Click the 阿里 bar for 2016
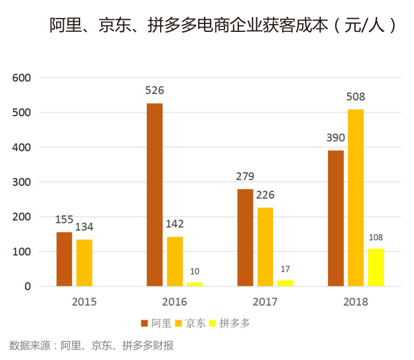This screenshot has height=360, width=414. [155, 194]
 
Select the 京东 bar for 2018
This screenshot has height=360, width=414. [355, 197]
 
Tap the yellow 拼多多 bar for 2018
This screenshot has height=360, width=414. [375, 267]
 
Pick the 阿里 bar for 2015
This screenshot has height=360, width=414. [64, 259]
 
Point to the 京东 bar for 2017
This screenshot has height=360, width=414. [265, 247]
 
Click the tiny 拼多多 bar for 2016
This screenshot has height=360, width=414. [194, 284]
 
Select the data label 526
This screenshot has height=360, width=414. [155, 91]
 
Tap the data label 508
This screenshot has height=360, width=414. [355, 97]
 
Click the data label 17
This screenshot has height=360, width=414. [285, 269]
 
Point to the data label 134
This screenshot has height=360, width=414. [84, 227]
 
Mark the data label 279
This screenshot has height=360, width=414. [245, 176]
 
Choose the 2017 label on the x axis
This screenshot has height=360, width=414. [265, 302]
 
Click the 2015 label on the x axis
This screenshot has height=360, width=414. [84, 302]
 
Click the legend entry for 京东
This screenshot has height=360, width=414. [191, 323]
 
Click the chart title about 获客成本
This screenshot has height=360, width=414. [223, 25]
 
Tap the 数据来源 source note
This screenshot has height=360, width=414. [91, 346]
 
